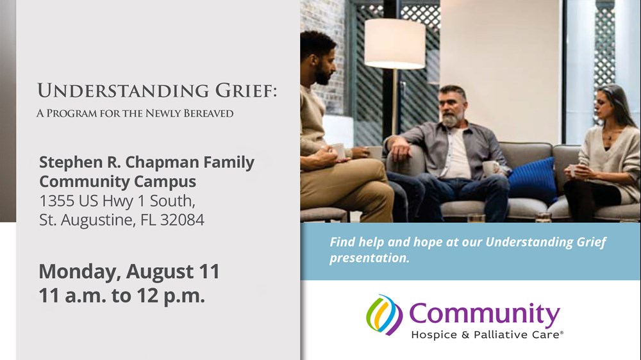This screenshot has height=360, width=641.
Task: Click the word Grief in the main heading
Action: tap(246, 91)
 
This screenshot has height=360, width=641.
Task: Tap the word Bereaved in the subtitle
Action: tap(208, 113)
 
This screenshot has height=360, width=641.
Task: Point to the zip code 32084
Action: tap(182, 220)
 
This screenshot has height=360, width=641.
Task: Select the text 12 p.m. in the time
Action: tap(171, 296)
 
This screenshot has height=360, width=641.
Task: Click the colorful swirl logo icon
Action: tap(384, 315)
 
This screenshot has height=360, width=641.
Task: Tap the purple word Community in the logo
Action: tap(485, 315)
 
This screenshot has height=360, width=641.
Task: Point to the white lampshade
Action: tap(394, 44)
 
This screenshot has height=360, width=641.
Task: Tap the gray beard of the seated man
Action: tap(450, 120)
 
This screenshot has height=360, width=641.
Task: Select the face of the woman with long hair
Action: tap(602, 106)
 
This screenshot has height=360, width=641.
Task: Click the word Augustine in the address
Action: tap(97, 220)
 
